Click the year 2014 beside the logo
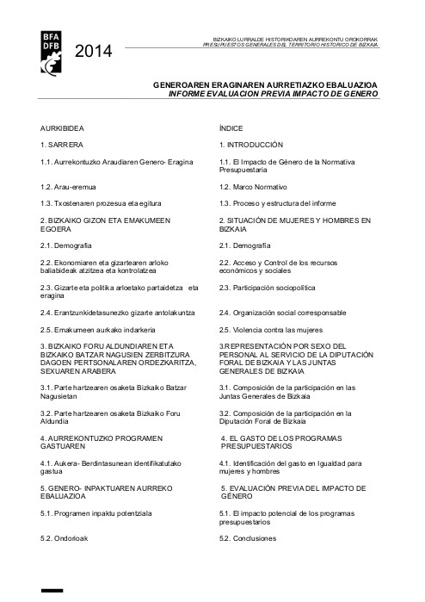[x=94, y=53]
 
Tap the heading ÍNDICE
[x=231, y=127]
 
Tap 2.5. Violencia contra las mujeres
[x=270, y=329]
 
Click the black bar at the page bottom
[x=52, y=593]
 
